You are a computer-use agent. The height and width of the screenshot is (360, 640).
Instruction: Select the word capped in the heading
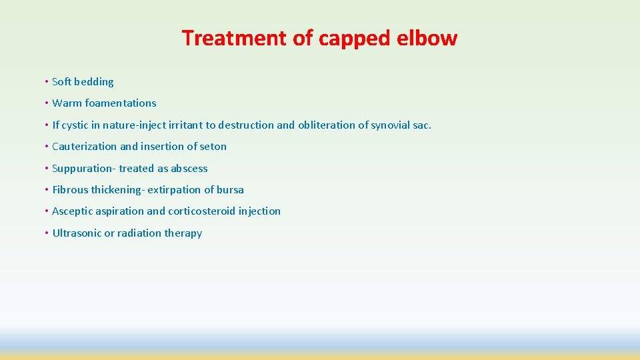pos(353,38)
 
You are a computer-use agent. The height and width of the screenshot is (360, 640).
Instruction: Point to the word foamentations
pos(121,103)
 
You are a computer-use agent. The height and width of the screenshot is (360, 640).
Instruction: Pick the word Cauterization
pos(85,147)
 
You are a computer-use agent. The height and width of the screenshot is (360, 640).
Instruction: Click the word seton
pos(213,147)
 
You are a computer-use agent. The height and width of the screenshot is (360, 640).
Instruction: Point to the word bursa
pos(231,190)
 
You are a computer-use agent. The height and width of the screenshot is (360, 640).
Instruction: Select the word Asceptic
pos(74,211)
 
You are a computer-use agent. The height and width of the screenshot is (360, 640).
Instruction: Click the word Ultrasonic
pos(77,233)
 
